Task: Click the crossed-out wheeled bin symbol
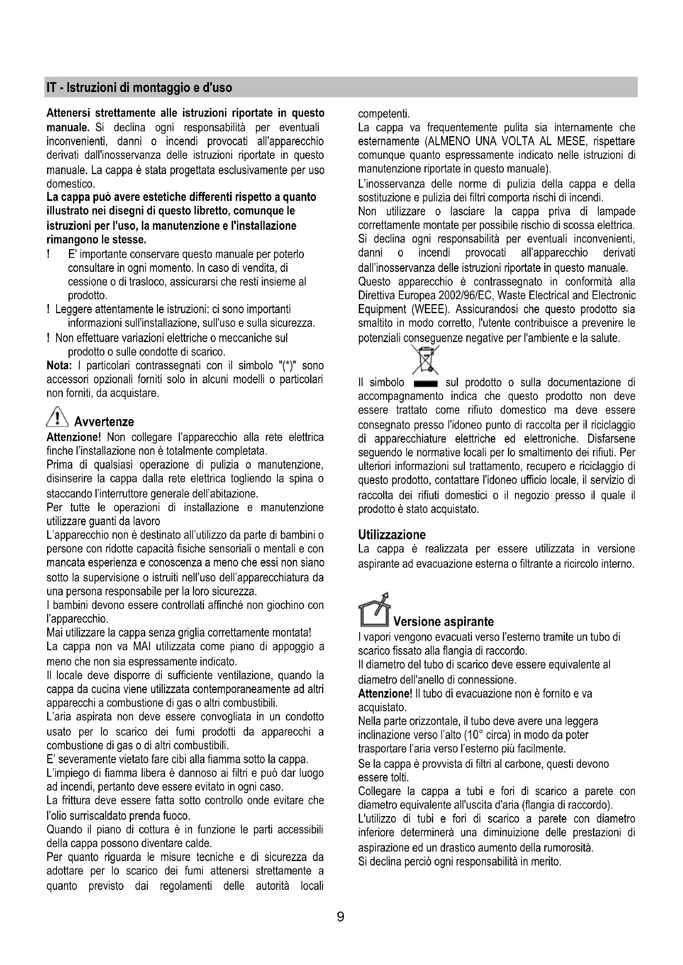[x=425, y=359]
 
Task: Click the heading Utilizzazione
[x=391, y=535]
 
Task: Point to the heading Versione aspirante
[x=443, y=622]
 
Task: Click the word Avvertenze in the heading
[x=104, y=422]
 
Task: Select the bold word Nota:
[x=59, y=366]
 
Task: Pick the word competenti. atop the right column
[x=384, y=113]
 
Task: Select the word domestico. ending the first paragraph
[x=71, y=184]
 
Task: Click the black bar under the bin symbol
[x=426, y=383]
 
